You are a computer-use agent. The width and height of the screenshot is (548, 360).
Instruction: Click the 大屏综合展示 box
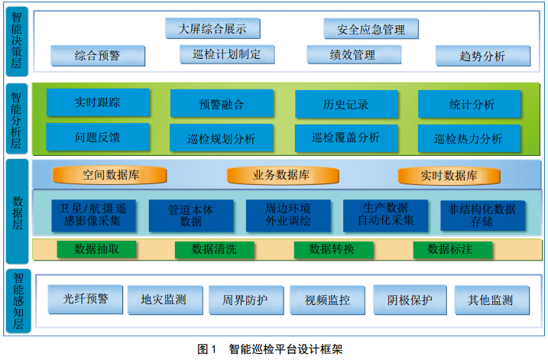click(x=212, y=29)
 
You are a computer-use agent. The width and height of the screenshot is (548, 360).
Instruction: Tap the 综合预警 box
click(x=97, y=55)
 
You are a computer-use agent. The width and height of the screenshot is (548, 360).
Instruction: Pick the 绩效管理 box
click(x=352, y=55)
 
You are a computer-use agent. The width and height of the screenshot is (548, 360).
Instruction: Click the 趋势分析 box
click(x=482, y=56)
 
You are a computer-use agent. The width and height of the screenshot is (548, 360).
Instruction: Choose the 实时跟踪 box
click(x=98, y=103)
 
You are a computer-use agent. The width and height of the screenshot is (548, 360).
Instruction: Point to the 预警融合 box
click(x=221, y=104)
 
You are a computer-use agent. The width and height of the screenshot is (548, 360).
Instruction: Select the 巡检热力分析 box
click(x=469, y=138)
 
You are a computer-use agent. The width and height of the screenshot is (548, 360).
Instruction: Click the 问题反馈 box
click(x=98, y=138)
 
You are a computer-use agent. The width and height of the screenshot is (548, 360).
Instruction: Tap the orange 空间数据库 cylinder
click(x=111, y=175)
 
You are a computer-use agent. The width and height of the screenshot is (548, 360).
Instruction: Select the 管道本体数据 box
click(x=191, y=215)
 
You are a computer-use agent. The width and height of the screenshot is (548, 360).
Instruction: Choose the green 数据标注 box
click(x=450, y=248)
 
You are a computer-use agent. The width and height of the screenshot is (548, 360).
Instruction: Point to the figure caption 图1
click(x=208, y=349)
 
